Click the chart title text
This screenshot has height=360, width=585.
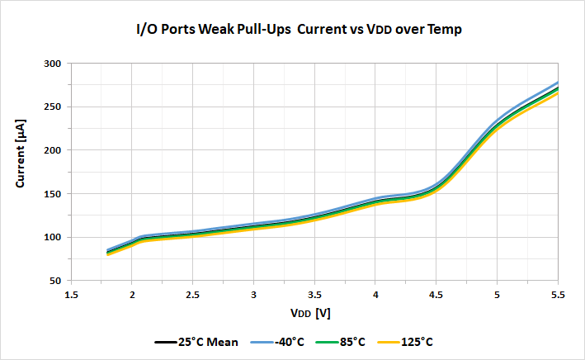tap(298, 30)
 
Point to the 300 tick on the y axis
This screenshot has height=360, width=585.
tap(52, 64)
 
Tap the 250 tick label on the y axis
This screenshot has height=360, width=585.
tap(52, 107)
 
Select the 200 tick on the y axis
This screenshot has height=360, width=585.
tap(52, 150)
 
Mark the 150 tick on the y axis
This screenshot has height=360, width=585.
tap(52, 194)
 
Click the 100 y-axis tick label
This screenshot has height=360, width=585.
tap(52, 238)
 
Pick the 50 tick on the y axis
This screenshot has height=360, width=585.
tap(54, 281)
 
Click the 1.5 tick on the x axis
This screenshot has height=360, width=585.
tap(71, 294)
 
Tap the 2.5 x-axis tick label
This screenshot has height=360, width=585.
tap(192, 294)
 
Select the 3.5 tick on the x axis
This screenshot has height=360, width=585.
tap(314, 294)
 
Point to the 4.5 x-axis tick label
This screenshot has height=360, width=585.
tap(436, 294)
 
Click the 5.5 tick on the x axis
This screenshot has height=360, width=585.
tap(558, 294)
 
